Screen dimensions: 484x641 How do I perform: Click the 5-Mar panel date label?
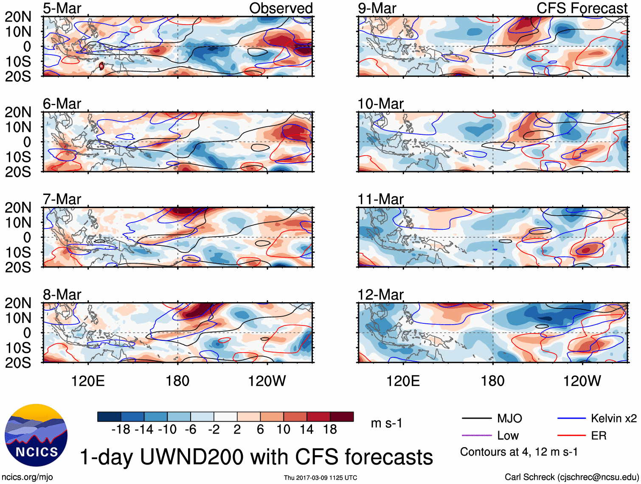tap(62, 8)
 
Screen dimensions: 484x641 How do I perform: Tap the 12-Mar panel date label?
tap(380, 295)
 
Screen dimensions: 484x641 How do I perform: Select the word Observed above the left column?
tap(281, 8)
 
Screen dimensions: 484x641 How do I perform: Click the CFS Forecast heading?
tap(582, 8)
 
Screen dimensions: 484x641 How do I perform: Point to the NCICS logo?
tap(36, 435)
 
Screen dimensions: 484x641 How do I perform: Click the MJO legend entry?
tap(509, 419)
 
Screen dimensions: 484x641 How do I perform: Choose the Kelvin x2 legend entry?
tap(613, 419)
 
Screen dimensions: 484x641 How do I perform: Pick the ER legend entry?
tap(599, 436)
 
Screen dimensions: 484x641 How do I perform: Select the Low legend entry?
tap(508, 436)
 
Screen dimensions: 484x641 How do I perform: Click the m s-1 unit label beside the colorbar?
tap(386, 423)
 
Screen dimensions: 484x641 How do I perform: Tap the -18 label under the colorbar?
tap(121, 430)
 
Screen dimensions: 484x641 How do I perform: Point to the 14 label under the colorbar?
tap(306, 430)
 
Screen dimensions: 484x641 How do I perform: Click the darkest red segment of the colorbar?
tap(342, 417)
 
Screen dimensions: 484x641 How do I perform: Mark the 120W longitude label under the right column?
tap(582, 381)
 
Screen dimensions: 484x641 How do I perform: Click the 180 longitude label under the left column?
tap(177, 381)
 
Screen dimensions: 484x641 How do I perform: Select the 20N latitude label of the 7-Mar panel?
tap(18, 208)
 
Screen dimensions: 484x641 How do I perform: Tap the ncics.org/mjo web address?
tap(28, 477)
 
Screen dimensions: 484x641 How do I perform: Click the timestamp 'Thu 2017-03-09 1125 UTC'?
tap(320, 478)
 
